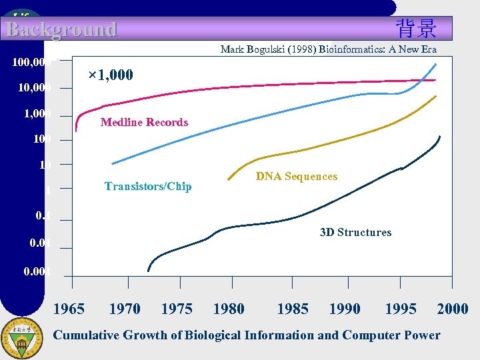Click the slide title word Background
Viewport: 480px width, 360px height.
[61, 29]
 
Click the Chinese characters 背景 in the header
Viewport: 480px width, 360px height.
[416, 29]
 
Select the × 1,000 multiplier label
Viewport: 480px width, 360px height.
[111, 75]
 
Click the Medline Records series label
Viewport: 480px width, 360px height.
[144, 122]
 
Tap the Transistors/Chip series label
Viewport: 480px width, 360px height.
[148, 187]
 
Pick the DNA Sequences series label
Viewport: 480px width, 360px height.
[297, 176]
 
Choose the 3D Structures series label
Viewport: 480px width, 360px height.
[355, 232]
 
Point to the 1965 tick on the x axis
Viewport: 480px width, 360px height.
[69, 309]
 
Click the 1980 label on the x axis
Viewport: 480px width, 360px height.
[228, 309]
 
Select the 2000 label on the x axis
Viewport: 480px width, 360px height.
[453, 309]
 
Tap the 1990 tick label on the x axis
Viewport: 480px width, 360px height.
[345, 309]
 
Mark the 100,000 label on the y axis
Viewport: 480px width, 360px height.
[32, 62]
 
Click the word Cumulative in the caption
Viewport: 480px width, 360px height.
[85, 335]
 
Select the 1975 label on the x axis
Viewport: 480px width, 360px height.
[177, 309]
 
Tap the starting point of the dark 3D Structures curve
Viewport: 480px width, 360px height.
[148, 270]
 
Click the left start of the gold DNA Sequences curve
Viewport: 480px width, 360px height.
[228, 179]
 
